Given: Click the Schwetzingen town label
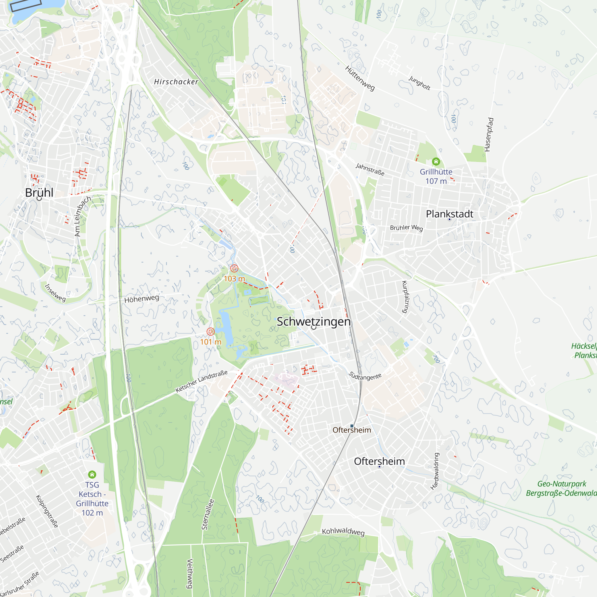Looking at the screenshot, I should [313, 322].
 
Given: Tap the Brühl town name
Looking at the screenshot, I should [39, 193].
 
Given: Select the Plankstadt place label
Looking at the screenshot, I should [449, 214].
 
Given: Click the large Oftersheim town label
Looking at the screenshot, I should [379, 461].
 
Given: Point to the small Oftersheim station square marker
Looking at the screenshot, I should [352, 426].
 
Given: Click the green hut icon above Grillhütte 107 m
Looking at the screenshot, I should [436, 161].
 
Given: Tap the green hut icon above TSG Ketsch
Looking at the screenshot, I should [92, 474].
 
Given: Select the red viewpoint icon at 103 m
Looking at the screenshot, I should [234, 268].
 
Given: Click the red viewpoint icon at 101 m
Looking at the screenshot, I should [210, 332].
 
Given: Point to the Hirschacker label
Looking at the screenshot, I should [176, 82].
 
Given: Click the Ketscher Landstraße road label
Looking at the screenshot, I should [201, 381].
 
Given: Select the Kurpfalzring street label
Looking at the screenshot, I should [405, 297].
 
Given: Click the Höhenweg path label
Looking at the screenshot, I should [141, 299].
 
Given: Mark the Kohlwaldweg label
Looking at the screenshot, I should [343, 532].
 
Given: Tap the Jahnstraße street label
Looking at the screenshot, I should [370, 169].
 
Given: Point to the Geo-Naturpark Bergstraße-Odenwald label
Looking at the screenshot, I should [561, 488].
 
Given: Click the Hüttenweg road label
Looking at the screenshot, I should [360, 78].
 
